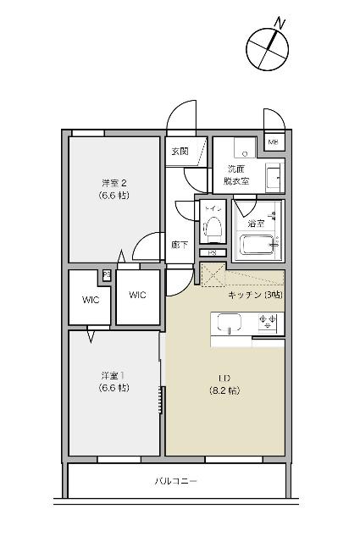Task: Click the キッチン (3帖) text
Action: click(255, 295)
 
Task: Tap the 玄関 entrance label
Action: click(180, 152)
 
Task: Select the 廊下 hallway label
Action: click(179, 243)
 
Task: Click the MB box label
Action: click(273, 142)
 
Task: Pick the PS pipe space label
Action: click(212, 252)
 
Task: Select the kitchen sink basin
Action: click(230, 323)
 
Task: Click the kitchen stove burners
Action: click(269, 322)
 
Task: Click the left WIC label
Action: click(91, 300)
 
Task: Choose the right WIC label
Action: click(137, 295)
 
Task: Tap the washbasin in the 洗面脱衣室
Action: click(274, 177)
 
